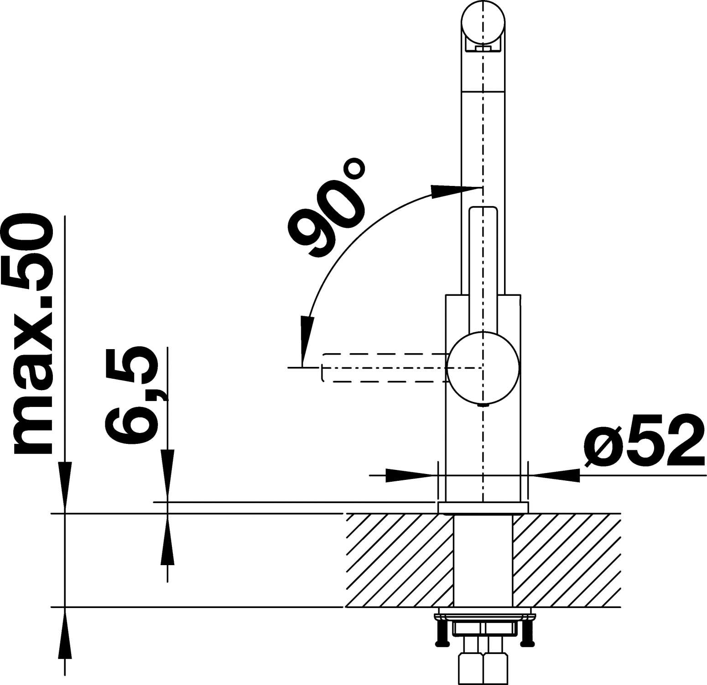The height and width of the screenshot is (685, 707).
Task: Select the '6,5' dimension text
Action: [x=132, y=395]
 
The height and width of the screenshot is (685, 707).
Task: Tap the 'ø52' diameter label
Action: [x=645, y=439]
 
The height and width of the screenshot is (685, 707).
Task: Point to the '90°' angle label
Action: [x=327, y=207]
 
